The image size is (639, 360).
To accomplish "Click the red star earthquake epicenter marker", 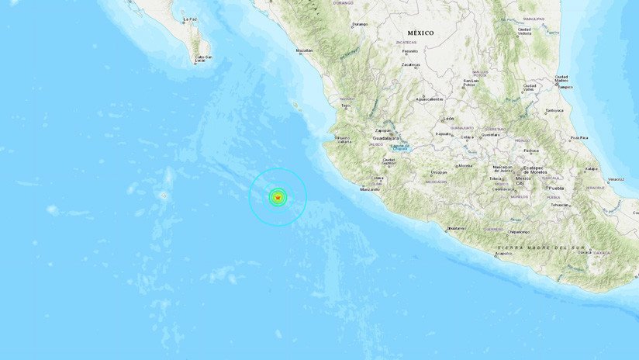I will pos(278,198).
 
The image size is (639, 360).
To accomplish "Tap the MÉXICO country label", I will pos(420,33).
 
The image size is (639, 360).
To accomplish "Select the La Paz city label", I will pos(189,19).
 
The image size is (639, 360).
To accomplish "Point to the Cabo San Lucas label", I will pos(204,58).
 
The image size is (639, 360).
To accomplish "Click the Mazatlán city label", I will pos(304,50).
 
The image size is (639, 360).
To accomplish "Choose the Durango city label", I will pos(360,24).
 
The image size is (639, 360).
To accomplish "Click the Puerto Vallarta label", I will pos(344,140).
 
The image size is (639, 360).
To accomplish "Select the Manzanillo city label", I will pos(369,189).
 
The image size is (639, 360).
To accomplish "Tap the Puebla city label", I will pos(555,188).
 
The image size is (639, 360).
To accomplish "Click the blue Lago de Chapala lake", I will pos(399,147).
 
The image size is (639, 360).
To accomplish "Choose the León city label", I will pos(448,119).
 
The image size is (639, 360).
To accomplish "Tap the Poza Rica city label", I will pos(579,138).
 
